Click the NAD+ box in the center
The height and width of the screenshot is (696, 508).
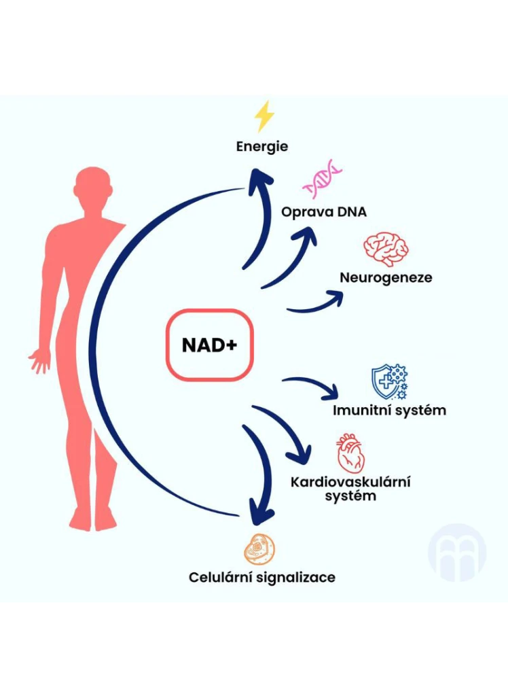209,345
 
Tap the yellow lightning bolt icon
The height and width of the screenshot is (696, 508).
264,116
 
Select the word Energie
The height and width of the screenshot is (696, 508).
261,147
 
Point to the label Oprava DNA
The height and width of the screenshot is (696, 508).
324,212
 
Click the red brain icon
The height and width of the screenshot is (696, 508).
386,248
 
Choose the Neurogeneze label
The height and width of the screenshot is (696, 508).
386,277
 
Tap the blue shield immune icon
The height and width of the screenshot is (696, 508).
390,383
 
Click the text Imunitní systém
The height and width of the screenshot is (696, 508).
389,410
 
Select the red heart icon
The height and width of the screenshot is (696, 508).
350,453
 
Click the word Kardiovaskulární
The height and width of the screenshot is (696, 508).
350,482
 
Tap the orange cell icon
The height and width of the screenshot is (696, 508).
259,550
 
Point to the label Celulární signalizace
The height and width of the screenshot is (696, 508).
261,578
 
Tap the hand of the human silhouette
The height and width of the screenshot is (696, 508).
40,360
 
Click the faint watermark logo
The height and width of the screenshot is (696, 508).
457,553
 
